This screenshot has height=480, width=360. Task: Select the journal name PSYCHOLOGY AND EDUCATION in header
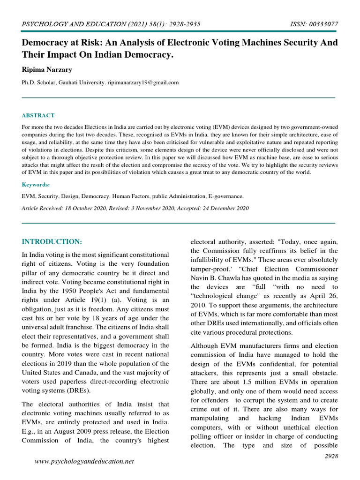point(64,24)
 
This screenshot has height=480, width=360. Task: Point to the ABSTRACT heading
point(38,115)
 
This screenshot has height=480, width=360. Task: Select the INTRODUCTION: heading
point(52,242)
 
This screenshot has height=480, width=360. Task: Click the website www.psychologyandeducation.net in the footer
point(85,461)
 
